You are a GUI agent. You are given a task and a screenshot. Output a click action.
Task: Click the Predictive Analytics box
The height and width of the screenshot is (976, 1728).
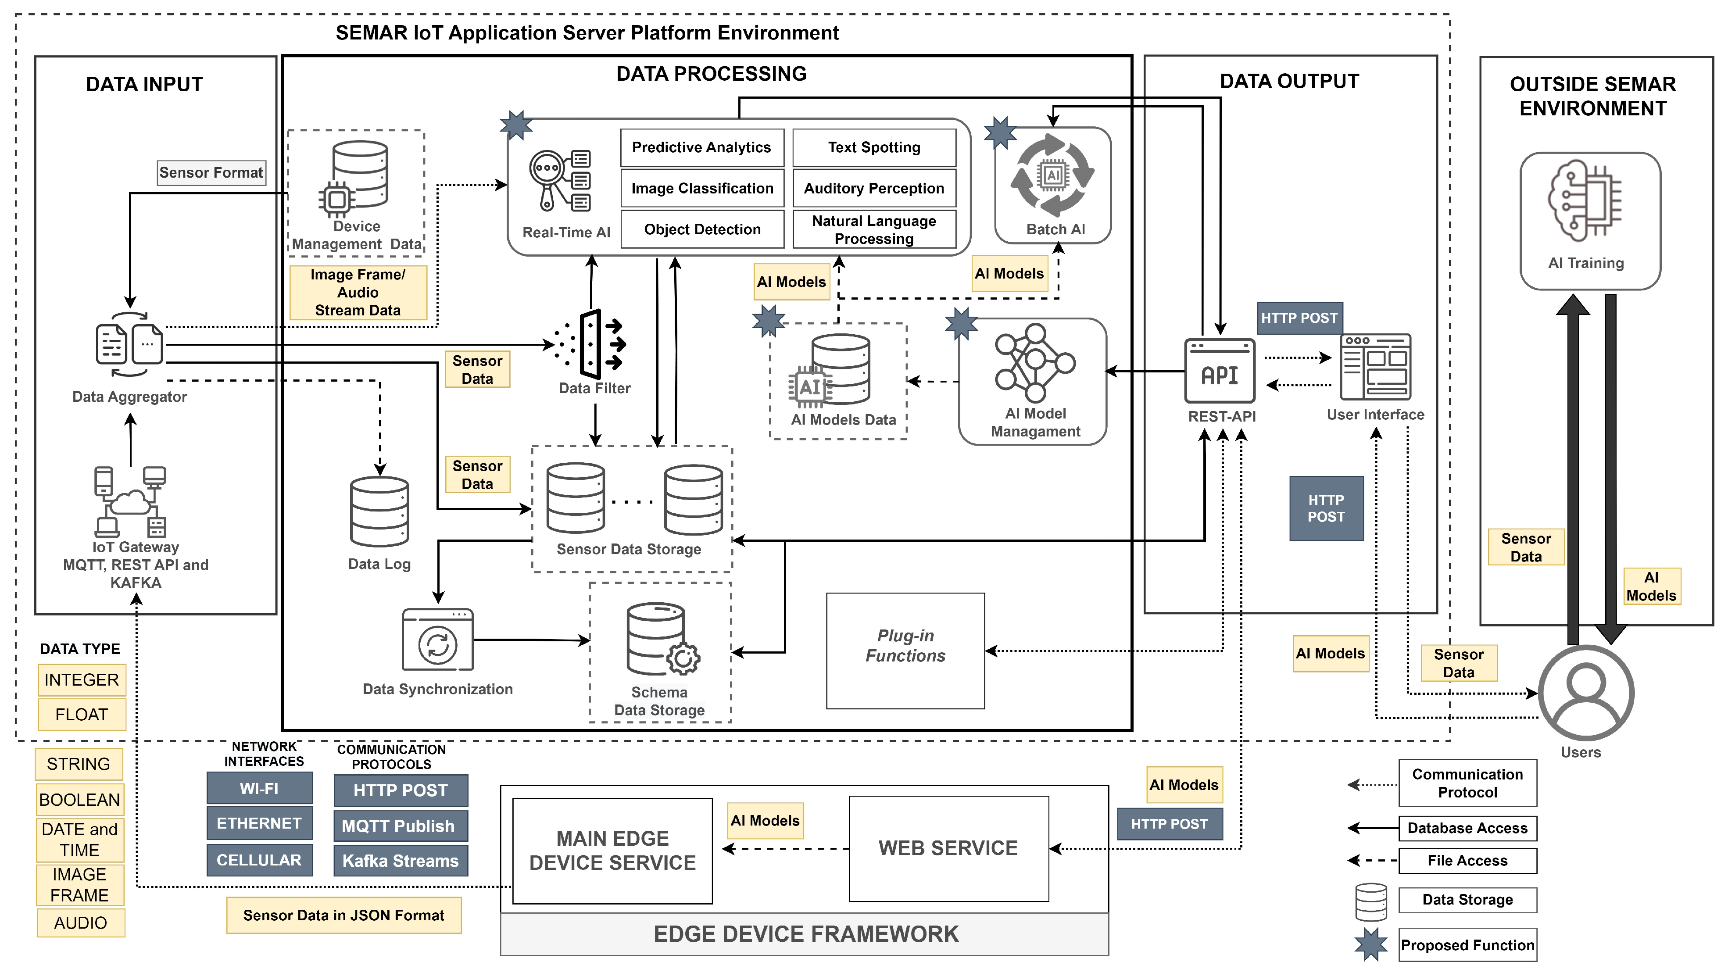tap(701, 147)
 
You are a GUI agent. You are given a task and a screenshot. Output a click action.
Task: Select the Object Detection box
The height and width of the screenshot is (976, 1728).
tap(701, 229)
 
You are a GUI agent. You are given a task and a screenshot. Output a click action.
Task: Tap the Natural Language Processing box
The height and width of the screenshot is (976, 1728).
tap(873, 229)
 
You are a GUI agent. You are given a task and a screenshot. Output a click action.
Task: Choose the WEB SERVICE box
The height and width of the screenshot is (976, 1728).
tap(948, 848)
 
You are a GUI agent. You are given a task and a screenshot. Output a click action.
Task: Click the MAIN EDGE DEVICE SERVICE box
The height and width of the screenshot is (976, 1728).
tap(612, 851)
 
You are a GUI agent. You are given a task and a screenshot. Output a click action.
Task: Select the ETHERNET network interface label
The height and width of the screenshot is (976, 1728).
tap(259, 823)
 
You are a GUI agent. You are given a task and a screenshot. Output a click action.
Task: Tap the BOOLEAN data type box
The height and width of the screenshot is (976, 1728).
tap(79, 800)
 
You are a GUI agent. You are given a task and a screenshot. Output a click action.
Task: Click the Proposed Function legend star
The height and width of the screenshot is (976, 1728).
tap(1370, 944)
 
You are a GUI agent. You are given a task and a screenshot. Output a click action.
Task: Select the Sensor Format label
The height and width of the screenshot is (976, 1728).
tap(211, 172)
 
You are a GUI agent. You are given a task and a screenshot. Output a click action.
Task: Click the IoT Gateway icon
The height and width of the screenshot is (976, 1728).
tap(131, 501)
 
